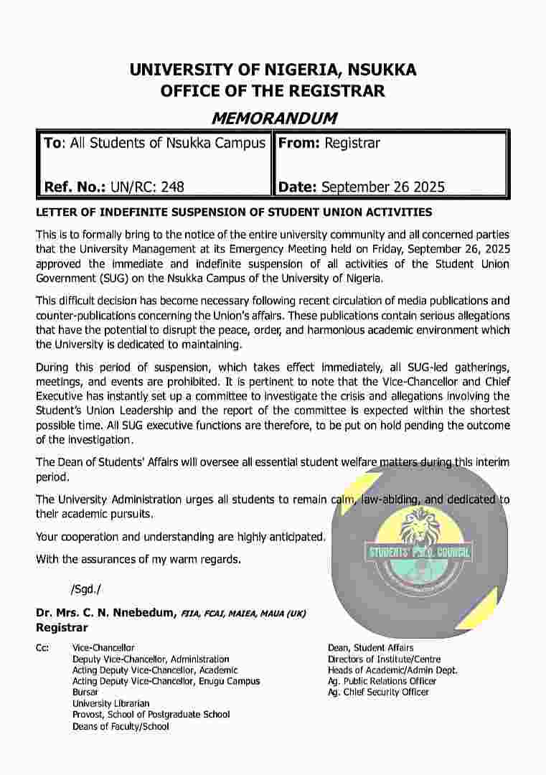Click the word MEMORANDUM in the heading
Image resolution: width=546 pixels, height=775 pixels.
pos(273,118)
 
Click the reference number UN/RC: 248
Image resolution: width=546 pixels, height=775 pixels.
pos(147,187)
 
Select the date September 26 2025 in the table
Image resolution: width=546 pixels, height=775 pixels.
pos(383,187)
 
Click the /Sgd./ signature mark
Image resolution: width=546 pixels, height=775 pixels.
pos(86,589)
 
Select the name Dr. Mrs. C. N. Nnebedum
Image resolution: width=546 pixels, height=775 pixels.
pos(105,613)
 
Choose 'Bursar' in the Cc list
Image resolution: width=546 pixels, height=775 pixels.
pos(85,692)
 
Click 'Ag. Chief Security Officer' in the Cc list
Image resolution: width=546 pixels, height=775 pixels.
pos(378,692)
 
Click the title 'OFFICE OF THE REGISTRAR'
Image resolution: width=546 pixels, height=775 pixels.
pos(273,91)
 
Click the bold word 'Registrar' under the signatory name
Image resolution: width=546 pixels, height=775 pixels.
pos(62,628)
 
